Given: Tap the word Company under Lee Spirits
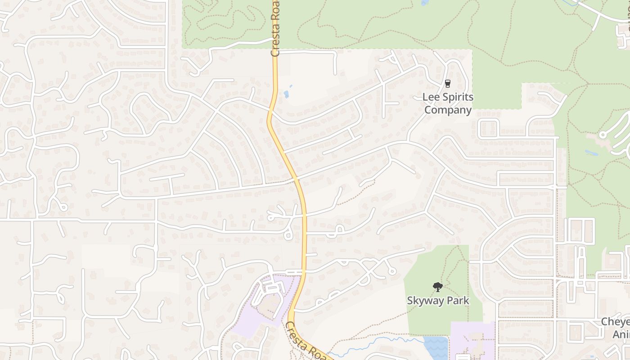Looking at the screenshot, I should (448, 110).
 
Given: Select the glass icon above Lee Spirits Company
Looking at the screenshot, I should (447, 83).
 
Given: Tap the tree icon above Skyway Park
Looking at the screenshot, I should (437, 287).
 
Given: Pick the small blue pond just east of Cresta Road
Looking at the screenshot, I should (286, 94).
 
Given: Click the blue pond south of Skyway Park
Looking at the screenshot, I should (435, 347).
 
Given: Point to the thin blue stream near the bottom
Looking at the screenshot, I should (378, 342).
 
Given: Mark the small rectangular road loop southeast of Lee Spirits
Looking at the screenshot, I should (489, 129).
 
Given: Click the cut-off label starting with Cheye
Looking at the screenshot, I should (615, 322).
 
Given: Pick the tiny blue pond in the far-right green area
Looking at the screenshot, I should (592, 153).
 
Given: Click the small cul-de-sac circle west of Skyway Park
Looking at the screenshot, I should (392, 271).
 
